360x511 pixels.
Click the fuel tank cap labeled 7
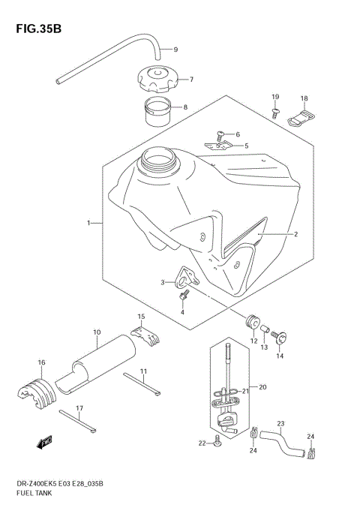coord(154,79)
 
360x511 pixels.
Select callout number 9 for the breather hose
coord(175,50)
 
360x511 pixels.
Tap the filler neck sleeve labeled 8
coord(156,110)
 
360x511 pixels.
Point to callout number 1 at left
coord(88,223)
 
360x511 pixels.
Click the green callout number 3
coord(160,282)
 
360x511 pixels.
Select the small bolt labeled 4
coord(183,297)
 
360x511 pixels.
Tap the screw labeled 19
coord(275,113)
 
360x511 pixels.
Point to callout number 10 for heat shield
coord(97,332)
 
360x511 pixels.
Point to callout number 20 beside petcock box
coord(262,387)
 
